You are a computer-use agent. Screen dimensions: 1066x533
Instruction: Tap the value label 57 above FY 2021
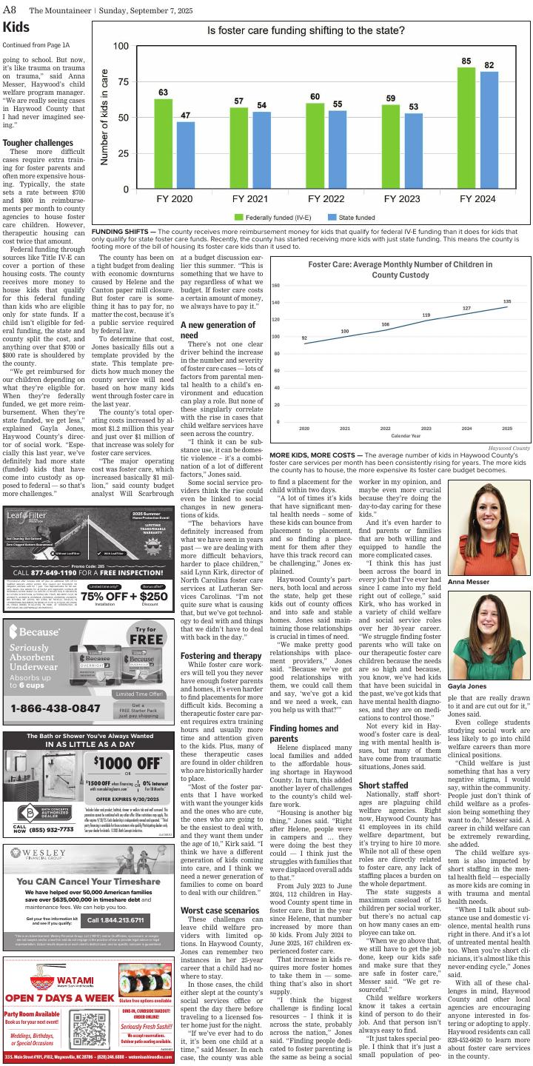238,101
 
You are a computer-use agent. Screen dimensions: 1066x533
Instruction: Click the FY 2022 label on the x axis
324,199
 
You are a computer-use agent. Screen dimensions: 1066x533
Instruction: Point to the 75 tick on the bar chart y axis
121,82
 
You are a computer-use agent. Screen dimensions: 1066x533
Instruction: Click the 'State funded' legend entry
351,217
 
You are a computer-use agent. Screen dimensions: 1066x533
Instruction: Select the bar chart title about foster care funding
306,31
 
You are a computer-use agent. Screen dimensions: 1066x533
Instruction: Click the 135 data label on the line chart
507,301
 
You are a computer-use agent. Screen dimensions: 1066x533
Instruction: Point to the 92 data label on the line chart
304,338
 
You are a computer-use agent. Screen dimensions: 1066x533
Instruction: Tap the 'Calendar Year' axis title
406,435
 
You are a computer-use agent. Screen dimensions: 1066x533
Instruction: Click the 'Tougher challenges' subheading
38,143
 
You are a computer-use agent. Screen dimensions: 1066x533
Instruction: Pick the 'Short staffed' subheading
383,785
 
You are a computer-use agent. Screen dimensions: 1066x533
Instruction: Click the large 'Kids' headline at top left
16,27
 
